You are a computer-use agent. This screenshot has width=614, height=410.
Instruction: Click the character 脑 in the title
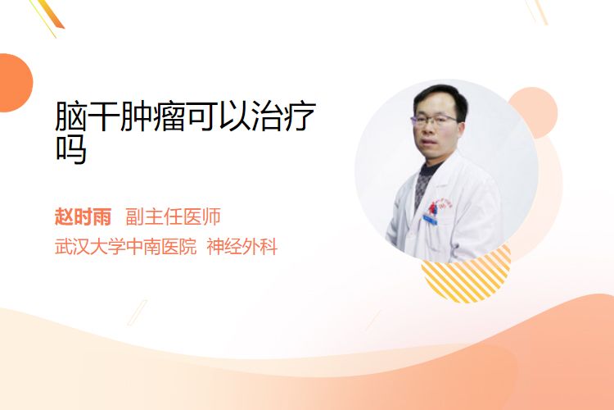(70, 116)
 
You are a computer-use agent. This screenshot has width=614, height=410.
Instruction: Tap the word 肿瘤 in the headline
(152, 116)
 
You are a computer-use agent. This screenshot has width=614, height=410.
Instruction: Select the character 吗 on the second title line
(71, 149)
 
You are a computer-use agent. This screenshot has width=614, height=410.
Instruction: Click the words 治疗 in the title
(283, 116)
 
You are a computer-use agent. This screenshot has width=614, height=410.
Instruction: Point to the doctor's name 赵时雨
(83, 216)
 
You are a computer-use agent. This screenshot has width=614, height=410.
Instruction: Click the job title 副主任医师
(173, 216)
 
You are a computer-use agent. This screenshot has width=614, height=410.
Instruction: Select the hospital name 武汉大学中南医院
(125, 247)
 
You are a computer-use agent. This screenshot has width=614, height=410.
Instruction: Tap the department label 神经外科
(242, 247)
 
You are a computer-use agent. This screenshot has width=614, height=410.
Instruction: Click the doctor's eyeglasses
(433, 119)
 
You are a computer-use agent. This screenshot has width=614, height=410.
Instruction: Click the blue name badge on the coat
(430, 219)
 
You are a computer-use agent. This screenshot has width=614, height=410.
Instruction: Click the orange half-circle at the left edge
(15, 83)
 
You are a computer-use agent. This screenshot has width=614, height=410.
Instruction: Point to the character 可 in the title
(201, 116)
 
